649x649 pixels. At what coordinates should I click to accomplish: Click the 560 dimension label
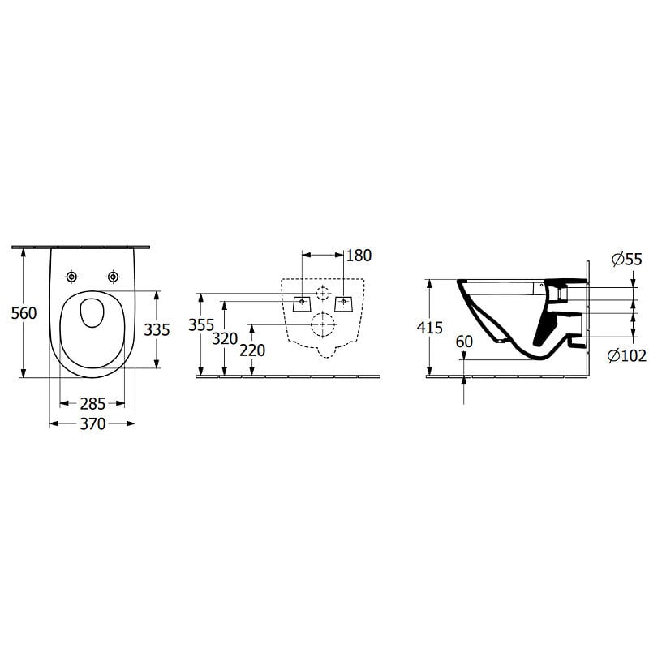pyautogui.click(x=24, y=313)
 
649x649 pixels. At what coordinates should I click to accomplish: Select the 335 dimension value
pyautogui.click(x=157, y=330)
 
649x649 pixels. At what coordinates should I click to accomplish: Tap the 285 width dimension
pyautogui.click(x=92, y=403)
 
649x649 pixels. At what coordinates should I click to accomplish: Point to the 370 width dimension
pyautogui.click(x=92, y=423)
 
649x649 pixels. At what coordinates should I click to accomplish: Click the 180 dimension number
pyautogui.click(x=359, y=256)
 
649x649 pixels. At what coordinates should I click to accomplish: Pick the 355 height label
pyautogui.click(x=201, y=325)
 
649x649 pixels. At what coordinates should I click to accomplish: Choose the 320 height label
pyautogui.click(x=225, y=339)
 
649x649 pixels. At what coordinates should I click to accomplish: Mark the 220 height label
pyautogui.click(x=252, y=350)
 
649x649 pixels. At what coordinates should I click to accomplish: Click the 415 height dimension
pyautogui.click(x=430, y=328)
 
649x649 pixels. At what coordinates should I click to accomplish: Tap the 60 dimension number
pyautogui.click(x=464, y=342)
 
